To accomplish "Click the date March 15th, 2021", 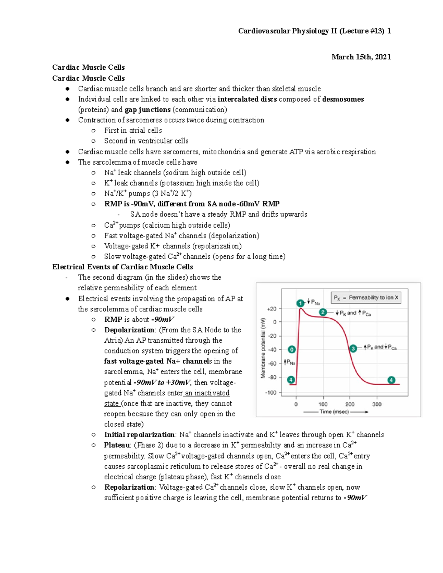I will pyautogui.click(x=361, y=57).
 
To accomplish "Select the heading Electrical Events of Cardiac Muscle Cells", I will pyautogui.click(x=123, y=267).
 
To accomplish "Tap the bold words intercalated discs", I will pyautogui.click(x=247, y=99).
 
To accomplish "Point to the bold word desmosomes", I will pyautogui.click(x=343, y=99).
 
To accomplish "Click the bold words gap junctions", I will pyautogui.click(x=147, y=110).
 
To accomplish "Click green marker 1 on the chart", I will pyautogui.click(x=300, y=303).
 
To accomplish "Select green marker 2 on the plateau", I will pyautogui.click(x=323, y=312).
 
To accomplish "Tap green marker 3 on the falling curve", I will pyautogui.click(x=353, y=348).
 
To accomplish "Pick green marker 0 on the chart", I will pyautogui.click(x=291, y=349).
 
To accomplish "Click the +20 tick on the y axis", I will pyautogui.click(x=272, y=309).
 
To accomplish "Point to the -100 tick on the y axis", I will pyautogui.click(x=271, y=393).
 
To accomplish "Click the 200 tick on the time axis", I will pyautogui.click(x=350, y=404).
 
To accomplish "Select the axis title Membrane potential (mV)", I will pyautogui.click(x=263, y=348).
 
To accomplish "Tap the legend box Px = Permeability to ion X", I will pyautogui.click(x=366, y=297).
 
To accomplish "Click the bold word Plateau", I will pyautogui.click(x=117, y=445).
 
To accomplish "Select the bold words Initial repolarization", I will pyautogui.click(x=139, y=435).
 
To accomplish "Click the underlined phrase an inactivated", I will pyautogui.click(x=207, y=393).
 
